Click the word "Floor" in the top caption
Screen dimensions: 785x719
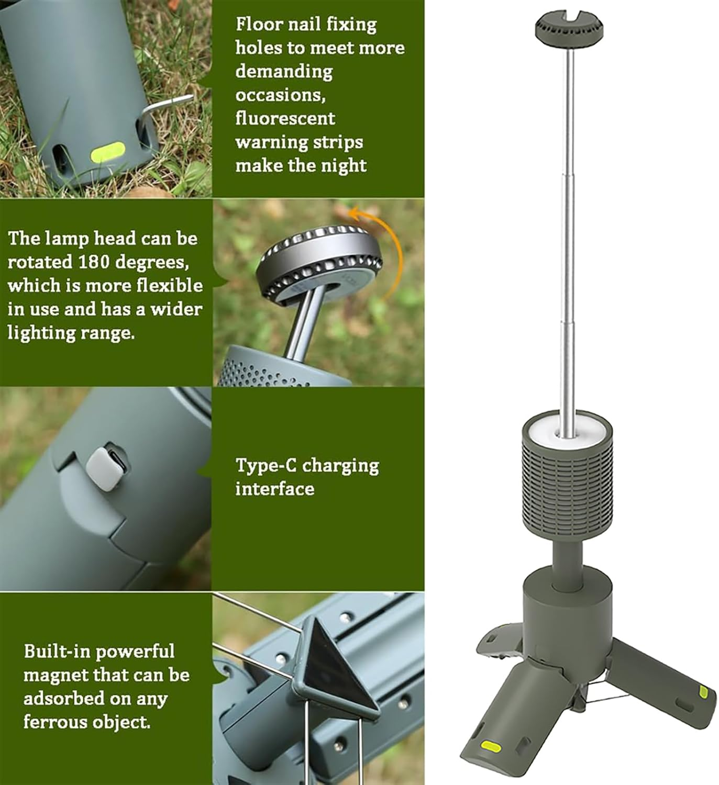coord(255,24)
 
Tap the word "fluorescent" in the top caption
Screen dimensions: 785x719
coord(285,118)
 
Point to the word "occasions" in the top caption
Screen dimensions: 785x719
coord(276,95)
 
